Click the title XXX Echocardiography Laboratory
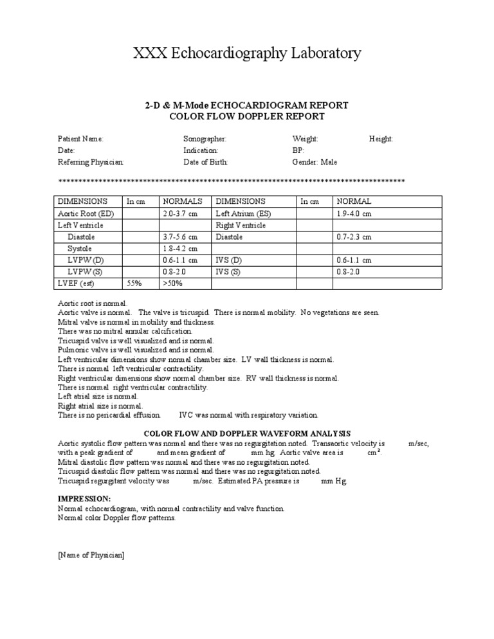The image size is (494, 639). click(247, 53)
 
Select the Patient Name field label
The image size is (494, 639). click(80, 139)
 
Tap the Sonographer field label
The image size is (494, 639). click(205, 139)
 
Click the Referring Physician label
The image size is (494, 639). click(91, 162)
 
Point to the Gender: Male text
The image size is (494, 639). click(315, 162)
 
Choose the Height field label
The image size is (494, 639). click(381, 139)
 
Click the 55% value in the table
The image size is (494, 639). click(134, 283)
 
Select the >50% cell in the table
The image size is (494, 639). click(174, 283)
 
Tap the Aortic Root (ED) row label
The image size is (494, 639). click(86, 213)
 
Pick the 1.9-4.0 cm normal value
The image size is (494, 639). click(354, 213)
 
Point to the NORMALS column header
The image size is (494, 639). click(183, 201)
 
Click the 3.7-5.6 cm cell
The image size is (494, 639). click(180, 237)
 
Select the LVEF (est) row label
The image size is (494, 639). click(77, 283)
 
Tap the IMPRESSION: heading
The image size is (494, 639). click(84, 499)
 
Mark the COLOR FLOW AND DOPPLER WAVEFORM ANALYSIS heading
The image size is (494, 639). click(247, 434)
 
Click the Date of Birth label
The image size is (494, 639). click(205, 162)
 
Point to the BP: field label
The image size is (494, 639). click(298, 150)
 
